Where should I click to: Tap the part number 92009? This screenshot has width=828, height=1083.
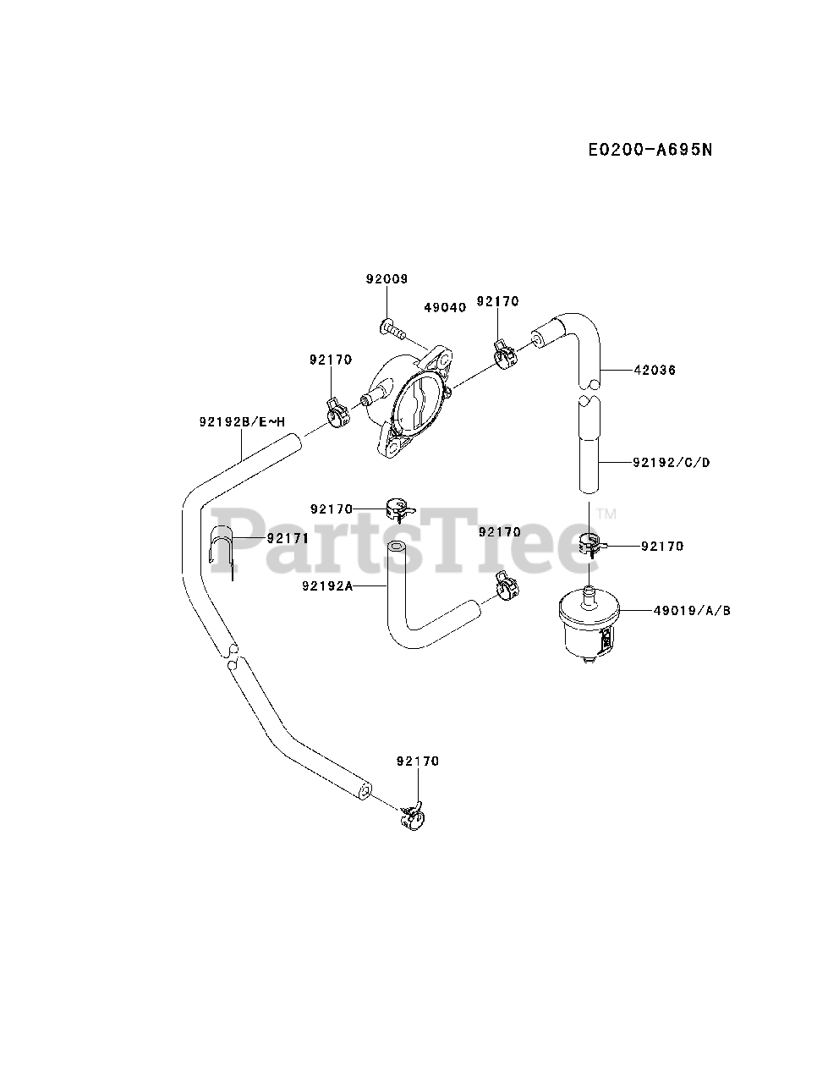387,278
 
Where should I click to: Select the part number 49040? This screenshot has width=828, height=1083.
444,308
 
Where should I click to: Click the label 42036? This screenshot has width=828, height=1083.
655,370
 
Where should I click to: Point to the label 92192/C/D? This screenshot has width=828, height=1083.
671,462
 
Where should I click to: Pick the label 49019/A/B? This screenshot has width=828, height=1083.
691,609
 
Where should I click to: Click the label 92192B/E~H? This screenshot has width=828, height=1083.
243,421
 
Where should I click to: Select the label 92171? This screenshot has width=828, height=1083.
288,538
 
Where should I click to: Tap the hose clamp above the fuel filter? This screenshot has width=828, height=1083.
590,546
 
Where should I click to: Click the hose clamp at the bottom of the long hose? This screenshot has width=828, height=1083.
412,816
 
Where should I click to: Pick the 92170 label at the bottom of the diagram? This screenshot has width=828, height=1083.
417,761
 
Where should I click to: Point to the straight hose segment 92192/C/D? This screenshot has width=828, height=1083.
589,448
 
